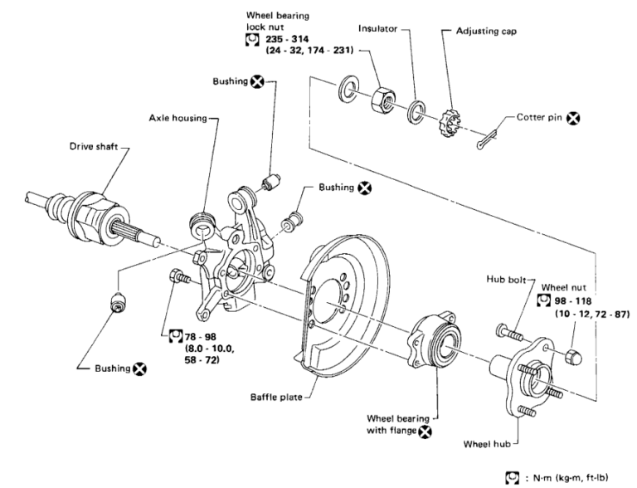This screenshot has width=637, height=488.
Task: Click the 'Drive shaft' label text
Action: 95,148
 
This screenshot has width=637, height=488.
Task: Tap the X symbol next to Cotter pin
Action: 571,120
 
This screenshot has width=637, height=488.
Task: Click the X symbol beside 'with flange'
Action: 425,431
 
